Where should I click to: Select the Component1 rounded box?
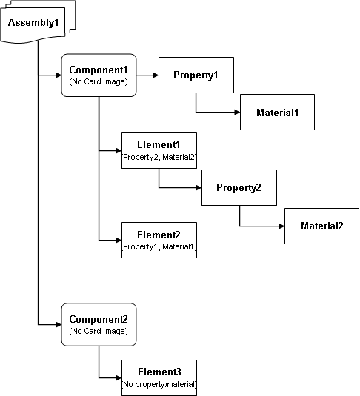click(99, 75)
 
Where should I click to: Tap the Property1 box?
click(196, 75)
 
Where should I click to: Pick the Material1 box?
click(277, 112)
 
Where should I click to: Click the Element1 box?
click(159, 150)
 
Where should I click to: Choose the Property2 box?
click(239, 187)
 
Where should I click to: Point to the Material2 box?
click(321, 226)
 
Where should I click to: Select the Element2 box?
click(159, 240)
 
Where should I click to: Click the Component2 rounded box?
click(99, 324)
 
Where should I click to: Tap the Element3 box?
click(159, 377)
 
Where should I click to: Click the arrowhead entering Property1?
click(156, 75)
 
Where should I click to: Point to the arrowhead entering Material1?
click(237, 112)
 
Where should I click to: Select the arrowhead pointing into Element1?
click(119, 151)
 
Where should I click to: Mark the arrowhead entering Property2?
click(199, 188)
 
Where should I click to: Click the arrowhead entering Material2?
click(281, 226)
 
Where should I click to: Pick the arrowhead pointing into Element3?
click(119, 377)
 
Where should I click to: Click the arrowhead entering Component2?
click(59, 324)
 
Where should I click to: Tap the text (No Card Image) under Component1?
click(99, 81)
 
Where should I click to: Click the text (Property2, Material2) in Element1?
click(159, 157)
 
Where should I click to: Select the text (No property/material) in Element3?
click(159, 384)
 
